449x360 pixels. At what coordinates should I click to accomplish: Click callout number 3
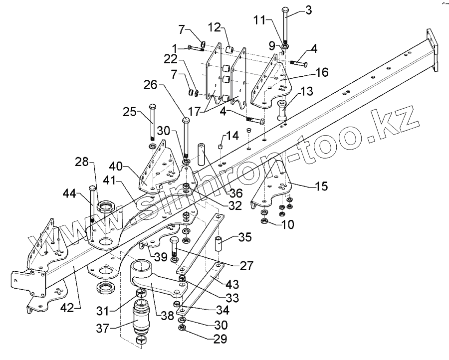(309, 10)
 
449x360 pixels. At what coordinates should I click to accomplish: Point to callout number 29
(221, 340)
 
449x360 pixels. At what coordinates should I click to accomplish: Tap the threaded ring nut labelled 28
(108, 206)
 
